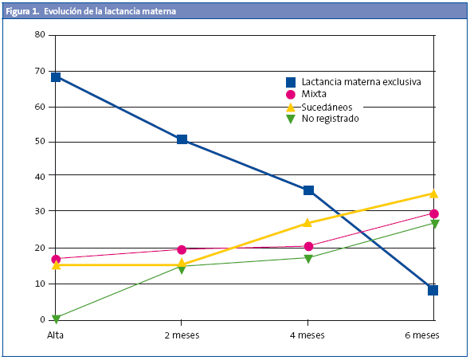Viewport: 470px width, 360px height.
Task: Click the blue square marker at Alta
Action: coord(56,77)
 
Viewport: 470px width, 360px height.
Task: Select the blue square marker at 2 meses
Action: coord(182,139)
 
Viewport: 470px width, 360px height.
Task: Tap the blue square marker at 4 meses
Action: coord(308,190)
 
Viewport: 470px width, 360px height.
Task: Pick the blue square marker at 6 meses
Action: coord(433,290)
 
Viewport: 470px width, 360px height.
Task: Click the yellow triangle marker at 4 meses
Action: coord(308,223)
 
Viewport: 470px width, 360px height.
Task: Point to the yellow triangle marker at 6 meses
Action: coord(433,193)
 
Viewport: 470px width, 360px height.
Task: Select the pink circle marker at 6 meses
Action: coord(434,213)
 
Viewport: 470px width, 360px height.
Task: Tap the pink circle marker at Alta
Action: coord(56,259)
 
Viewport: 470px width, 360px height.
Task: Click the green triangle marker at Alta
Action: coord(56,319)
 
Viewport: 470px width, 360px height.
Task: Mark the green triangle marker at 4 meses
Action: coord(308,258)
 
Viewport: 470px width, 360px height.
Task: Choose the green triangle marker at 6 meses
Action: coord(434,224)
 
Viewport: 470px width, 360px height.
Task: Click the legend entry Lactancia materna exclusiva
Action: coord(361,82)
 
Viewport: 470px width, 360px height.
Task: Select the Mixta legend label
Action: coord(314,94)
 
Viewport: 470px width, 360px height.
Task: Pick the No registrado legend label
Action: coord(330,118)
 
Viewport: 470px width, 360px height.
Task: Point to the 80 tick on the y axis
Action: coord(40,35)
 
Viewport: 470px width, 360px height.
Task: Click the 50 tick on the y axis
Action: coord(40,141)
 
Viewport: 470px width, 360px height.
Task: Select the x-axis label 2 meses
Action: coord(182,335)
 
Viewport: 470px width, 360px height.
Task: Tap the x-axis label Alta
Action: coord(56,335)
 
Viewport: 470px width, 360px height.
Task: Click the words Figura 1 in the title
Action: coord(22,11)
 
